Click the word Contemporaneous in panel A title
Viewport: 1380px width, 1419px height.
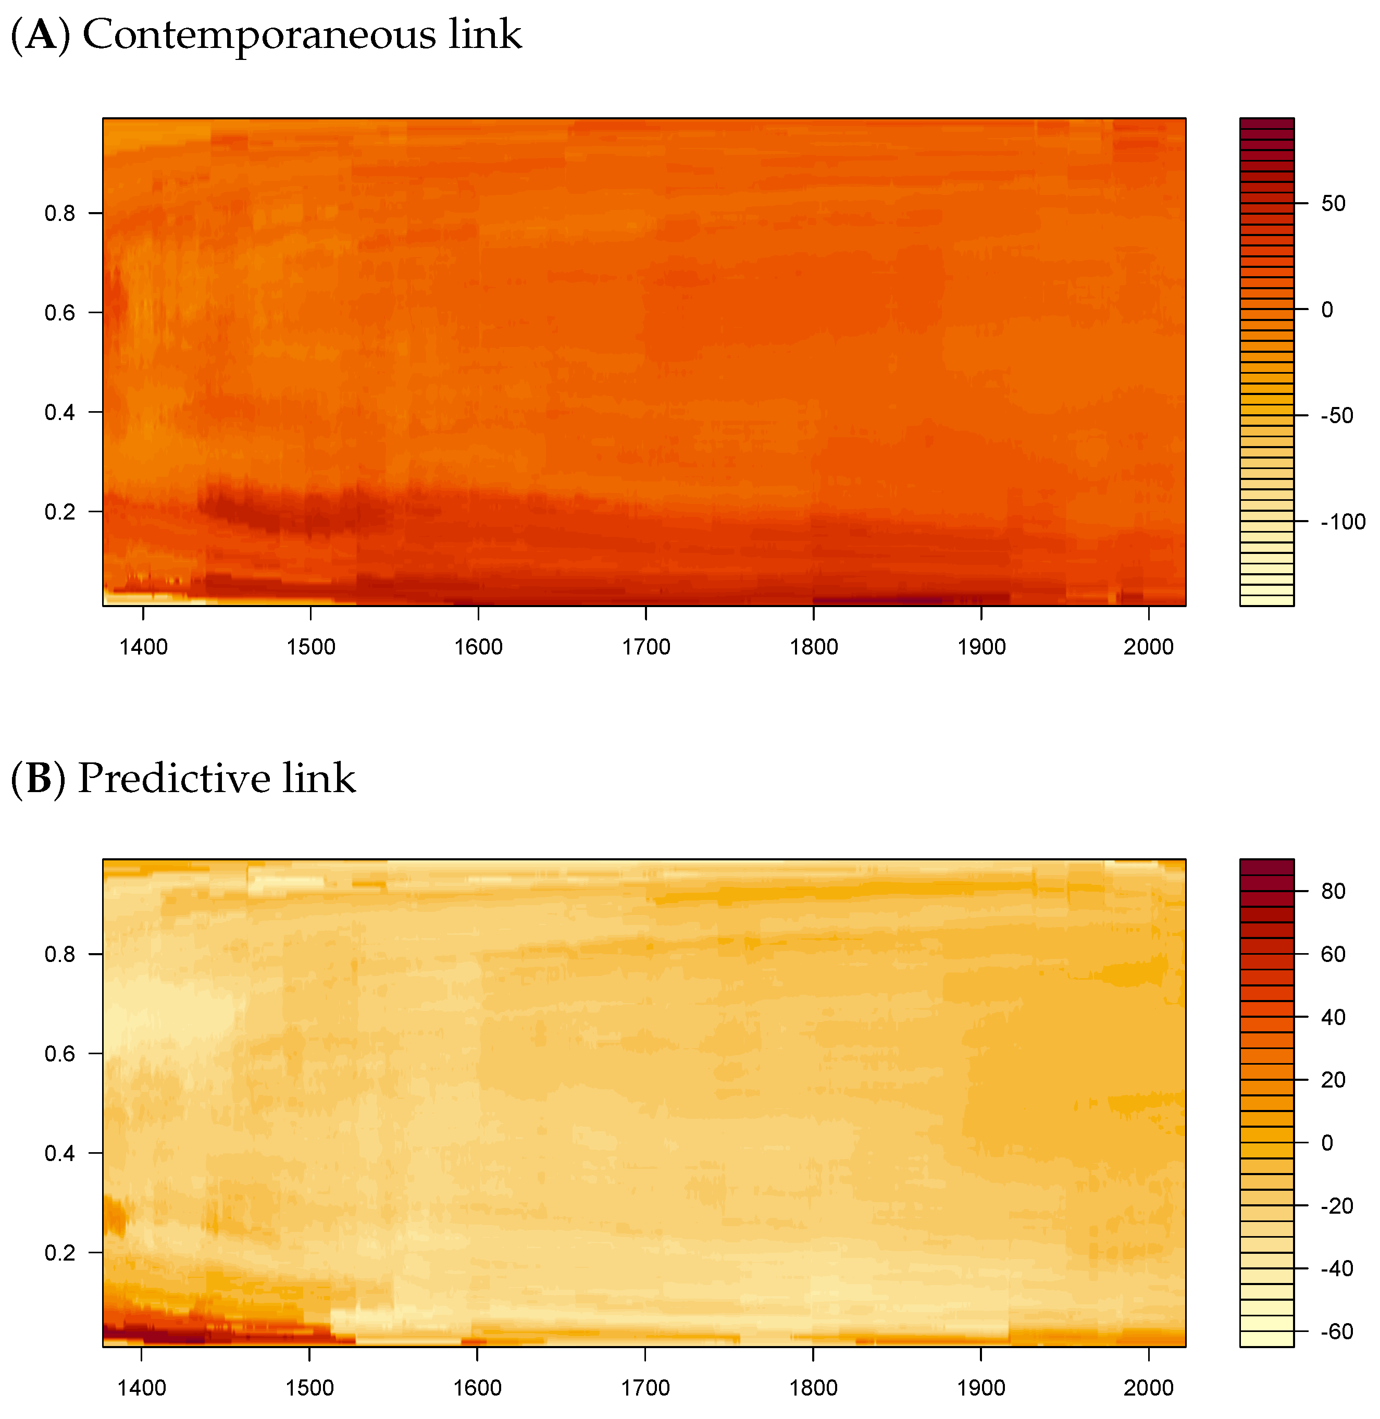pyautogui.click(x=259, y=35)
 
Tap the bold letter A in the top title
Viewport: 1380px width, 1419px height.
pyautogui.click(x=41, y=35)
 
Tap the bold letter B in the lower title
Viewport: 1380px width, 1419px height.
pyautogui.click(x=39, y=778)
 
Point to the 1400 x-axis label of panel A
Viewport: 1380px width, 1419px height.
pyautogui.click(x=143, y=647)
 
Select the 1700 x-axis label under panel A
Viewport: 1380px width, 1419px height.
pyautogui.click(x=646, y=647)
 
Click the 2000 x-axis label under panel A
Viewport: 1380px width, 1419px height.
pyautogui.click(x=1148, y=647)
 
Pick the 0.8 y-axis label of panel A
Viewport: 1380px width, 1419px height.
pyautogui.click(x=59, y=213)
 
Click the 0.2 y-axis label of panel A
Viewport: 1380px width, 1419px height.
pyautogui.click(x=59, y=512)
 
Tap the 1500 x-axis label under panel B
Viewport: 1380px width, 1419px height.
pyautogui.click(x=309, y=1388)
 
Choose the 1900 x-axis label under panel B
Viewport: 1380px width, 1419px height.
pyautogui.click(x=980, y=1388)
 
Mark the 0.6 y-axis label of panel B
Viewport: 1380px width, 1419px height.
pyautogui.click(x=59, y=1054)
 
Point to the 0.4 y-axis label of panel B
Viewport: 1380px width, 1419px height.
pyautogui.click(x=59, y=1153)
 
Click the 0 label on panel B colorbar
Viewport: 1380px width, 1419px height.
pyautogui.click(x=1327, y=1143)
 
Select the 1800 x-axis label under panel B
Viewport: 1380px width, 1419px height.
pyautogui.click(x=813, y=1388)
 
